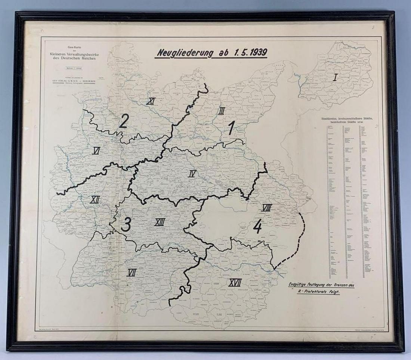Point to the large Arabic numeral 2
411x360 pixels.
coord(124,121)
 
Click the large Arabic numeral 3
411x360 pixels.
coord(126,224)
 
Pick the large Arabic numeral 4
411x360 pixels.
coord(257,226)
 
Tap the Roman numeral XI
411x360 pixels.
coord(151,101)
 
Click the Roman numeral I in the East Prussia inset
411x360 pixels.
coord(335,78)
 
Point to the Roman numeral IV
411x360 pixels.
coord(192,173)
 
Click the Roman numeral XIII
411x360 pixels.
coord(160,223)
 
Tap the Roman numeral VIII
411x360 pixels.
coord(266,207)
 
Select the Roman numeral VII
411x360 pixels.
coord(131,273)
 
